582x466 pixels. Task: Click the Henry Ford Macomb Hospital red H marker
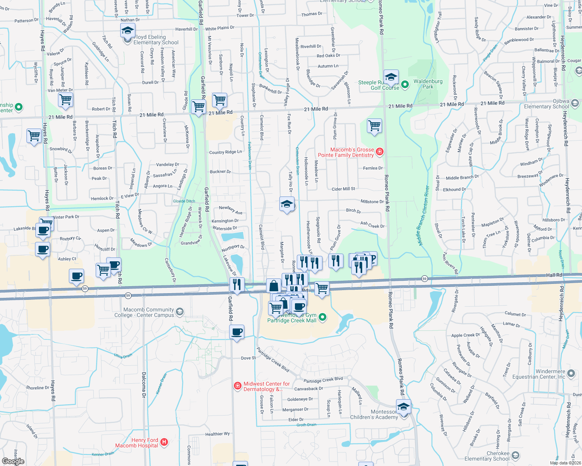click(164, 442)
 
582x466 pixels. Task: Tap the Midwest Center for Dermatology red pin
click(237, 386)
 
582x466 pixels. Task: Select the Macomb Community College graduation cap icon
click(179, 311)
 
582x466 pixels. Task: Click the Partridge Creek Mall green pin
click(323, 317)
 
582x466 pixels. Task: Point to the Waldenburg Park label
click(428, 84)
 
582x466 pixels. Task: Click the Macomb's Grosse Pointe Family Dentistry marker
click(379, 151)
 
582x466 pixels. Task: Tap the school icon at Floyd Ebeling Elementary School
click(128, 31)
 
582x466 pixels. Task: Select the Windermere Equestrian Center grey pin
click(571, 374)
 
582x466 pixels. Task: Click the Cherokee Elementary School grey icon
click(515, 455)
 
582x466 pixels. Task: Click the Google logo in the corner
click(13, 461)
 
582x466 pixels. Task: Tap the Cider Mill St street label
click(343, 189)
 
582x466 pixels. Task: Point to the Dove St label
click(248, 358)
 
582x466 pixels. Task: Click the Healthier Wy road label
click(217, 434)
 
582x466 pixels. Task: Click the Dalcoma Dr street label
click(144, 385)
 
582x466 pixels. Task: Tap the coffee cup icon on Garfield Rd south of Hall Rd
click(237, 333)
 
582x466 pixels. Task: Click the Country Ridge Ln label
click(225, 152)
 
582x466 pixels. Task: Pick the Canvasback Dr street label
click(309, 389)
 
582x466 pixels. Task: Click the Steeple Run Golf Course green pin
click(405, 85)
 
